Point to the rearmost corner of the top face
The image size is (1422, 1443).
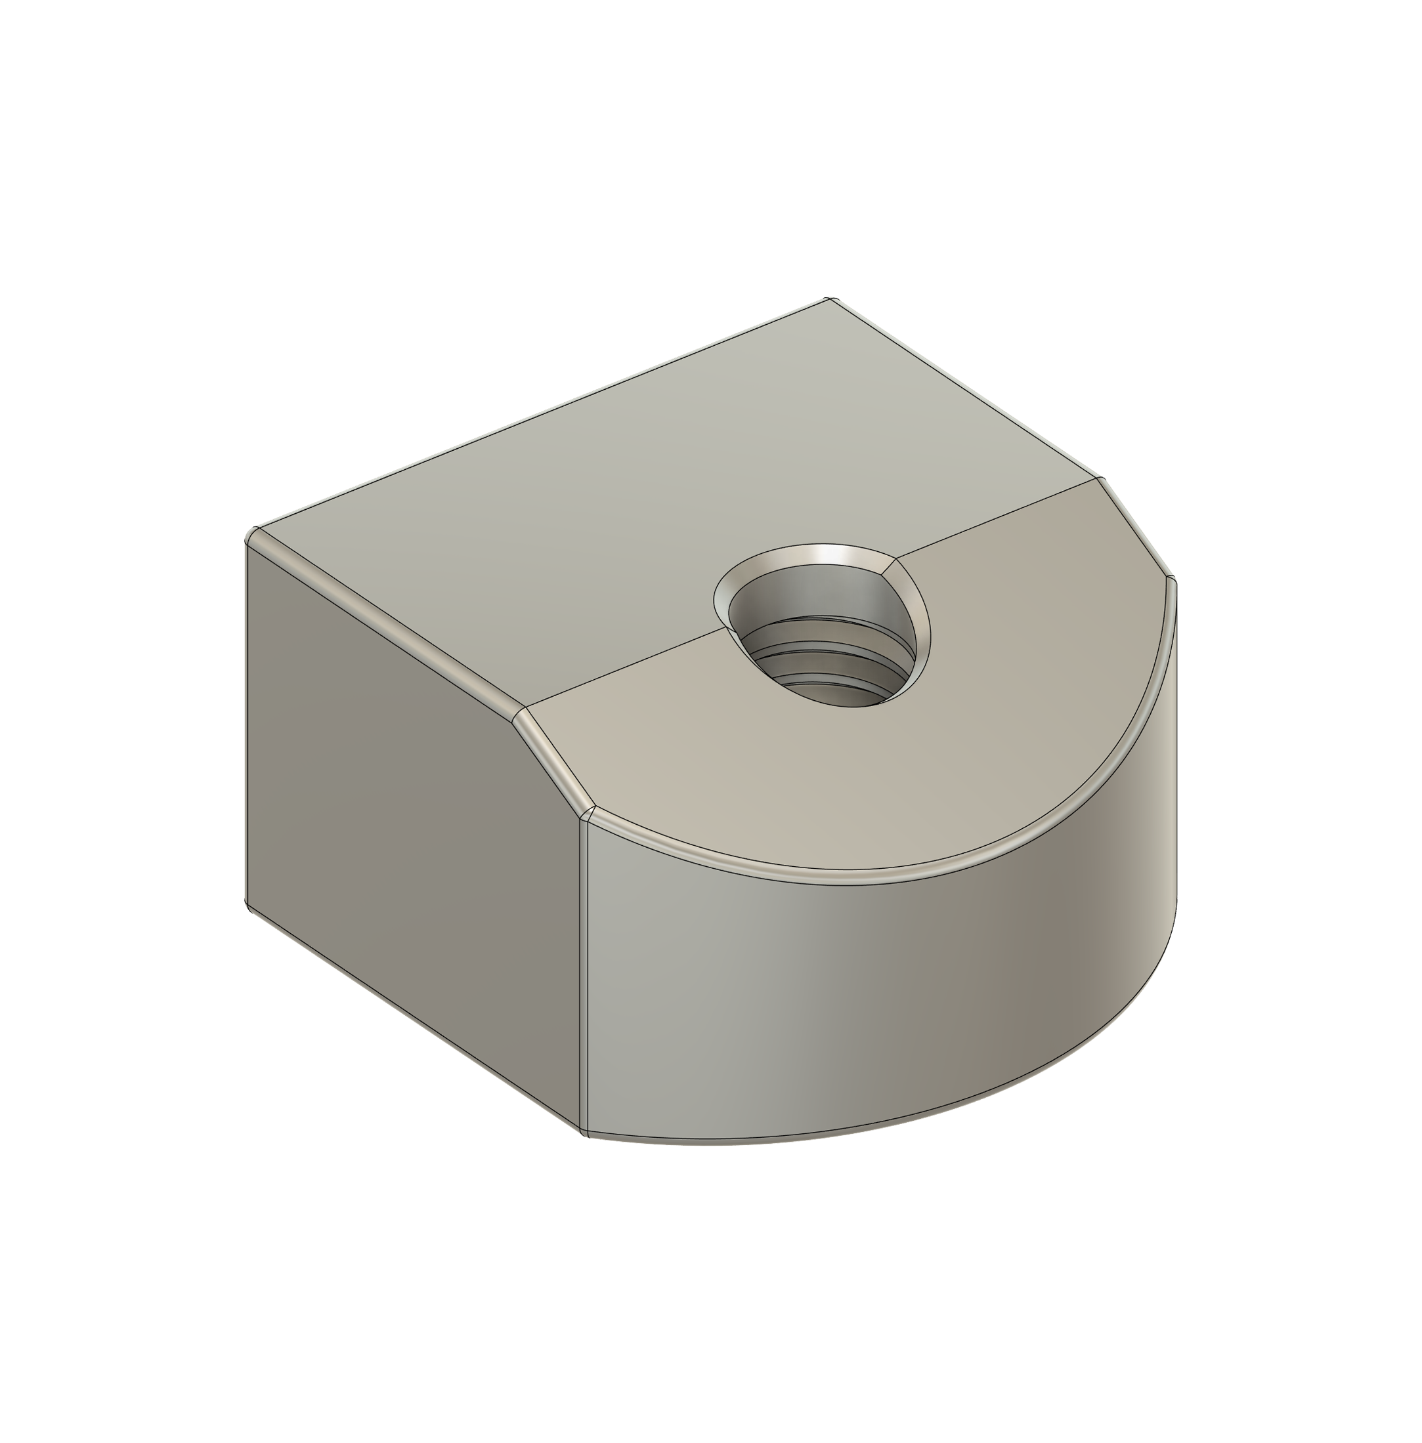(830, 299)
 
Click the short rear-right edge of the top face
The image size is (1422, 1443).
(964, 388)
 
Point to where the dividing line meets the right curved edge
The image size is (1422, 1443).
(1098, 480)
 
